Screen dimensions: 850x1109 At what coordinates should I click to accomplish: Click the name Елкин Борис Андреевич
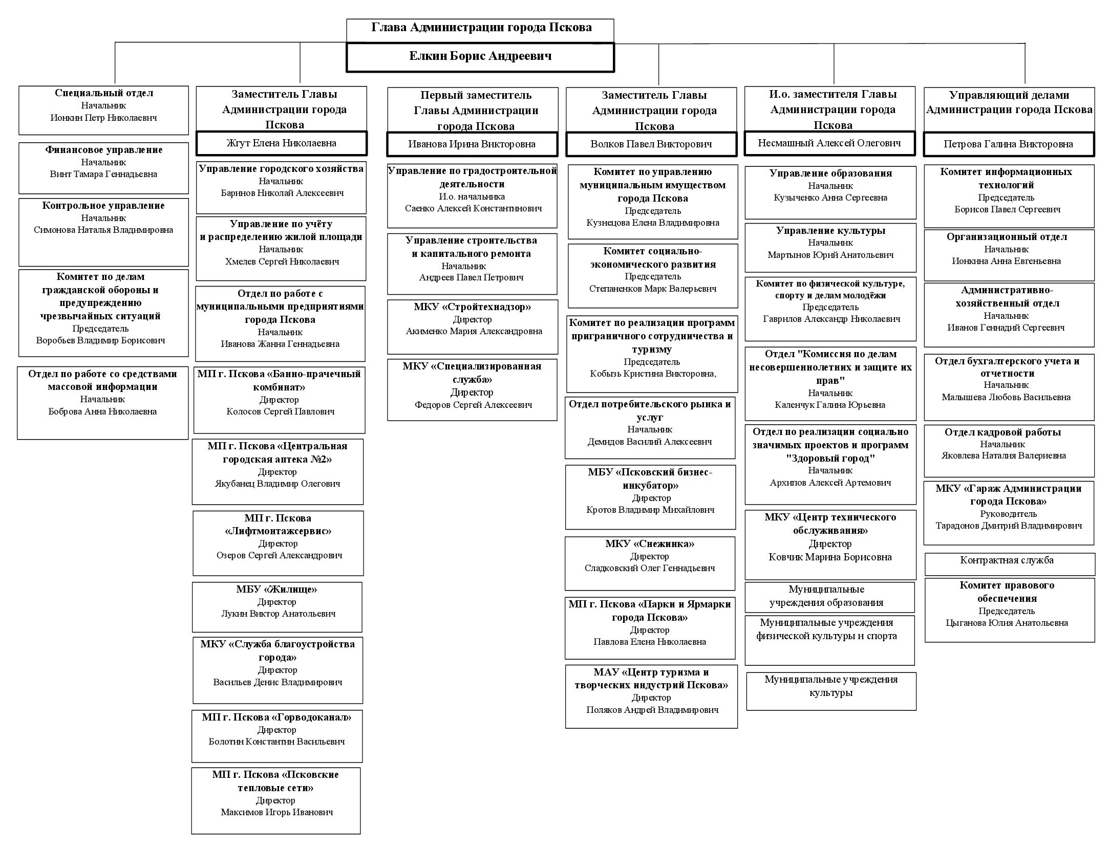[480, 56]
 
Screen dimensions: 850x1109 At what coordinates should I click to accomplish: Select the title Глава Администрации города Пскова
[481, 28]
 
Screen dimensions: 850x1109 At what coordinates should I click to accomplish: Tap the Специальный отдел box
[103, 110]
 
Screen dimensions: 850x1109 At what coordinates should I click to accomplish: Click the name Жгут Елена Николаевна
[281, 143]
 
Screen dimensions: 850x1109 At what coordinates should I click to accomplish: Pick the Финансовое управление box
[103, 167]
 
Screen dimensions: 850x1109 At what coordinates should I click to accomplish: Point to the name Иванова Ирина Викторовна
[472, 144]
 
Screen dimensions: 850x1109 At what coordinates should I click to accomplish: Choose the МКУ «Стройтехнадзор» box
[472, 326]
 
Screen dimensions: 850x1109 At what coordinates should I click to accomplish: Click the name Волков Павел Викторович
[651, 144]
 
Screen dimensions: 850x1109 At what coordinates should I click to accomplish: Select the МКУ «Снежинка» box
[650, 562]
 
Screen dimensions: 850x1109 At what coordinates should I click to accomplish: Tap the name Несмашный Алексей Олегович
[829, 143]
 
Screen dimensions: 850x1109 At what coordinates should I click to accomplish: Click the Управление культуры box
[830, 247]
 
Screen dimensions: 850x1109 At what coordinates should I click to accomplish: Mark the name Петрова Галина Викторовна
[1008, 144]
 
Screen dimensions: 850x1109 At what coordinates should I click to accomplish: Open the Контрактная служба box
[1009, 563]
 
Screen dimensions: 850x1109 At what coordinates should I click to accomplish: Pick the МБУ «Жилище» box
[277, 606]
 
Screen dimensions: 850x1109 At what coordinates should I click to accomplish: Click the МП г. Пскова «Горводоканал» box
[277, 735]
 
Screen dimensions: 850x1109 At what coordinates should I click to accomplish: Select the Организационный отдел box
[1009, 254]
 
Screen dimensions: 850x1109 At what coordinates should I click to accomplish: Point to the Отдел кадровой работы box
[1009, 450]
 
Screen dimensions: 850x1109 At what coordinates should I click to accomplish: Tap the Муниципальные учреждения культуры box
[830, 690]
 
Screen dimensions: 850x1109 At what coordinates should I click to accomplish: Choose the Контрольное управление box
[103, 232]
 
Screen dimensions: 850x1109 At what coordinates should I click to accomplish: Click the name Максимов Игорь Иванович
[277, 812]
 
